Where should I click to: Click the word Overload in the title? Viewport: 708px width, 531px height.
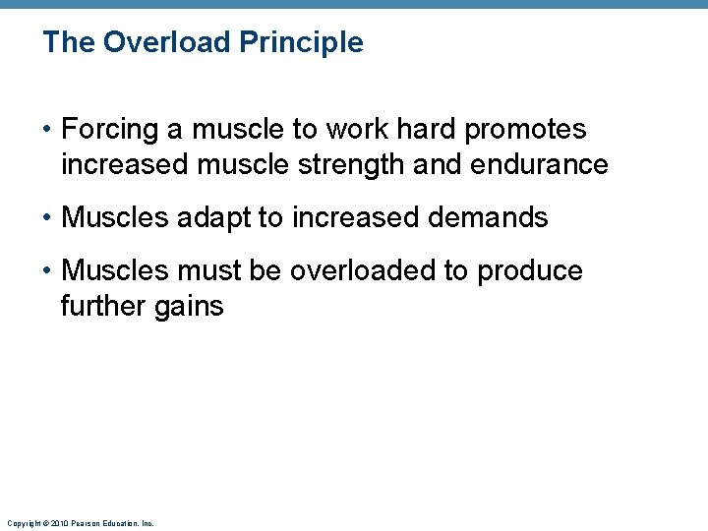[x=152, y=42]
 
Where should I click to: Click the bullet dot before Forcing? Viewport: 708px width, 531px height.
[x=47, y=130]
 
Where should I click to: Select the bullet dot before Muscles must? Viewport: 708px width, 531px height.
[x=47, y=271]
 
